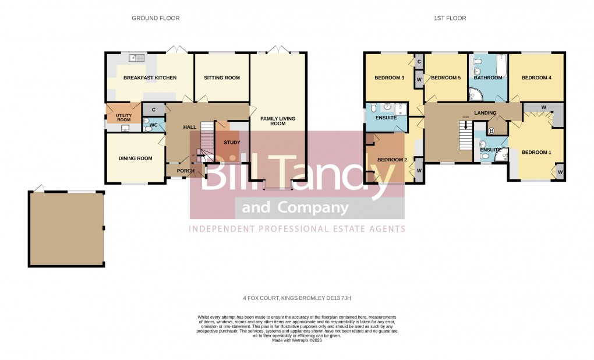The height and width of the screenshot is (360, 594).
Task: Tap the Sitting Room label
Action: [x=221, y=78]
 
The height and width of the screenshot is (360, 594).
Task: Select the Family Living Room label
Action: [x=278, y=121]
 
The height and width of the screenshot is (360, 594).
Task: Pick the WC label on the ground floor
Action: [x=154, y=125]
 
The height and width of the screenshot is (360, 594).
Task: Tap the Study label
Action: [x=232, y=142]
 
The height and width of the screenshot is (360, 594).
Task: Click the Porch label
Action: [x=185, y=171]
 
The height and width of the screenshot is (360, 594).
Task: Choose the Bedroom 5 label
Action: [x=446, y=78]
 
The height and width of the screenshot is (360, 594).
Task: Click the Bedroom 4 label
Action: [x=536, y=78]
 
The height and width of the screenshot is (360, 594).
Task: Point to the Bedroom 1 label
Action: [x=536, y=153]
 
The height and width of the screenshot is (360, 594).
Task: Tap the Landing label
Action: [x=485, y=113]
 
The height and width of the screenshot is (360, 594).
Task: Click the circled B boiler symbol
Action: [x=491, y=130]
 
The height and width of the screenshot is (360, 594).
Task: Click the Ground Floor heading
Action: [x=155, y=18]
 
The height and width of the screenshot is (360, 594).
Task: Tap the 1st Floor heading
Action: [x=450, y=18]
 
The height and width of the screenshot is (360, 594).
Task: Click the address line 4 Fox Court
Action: [x=297, y=298]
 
